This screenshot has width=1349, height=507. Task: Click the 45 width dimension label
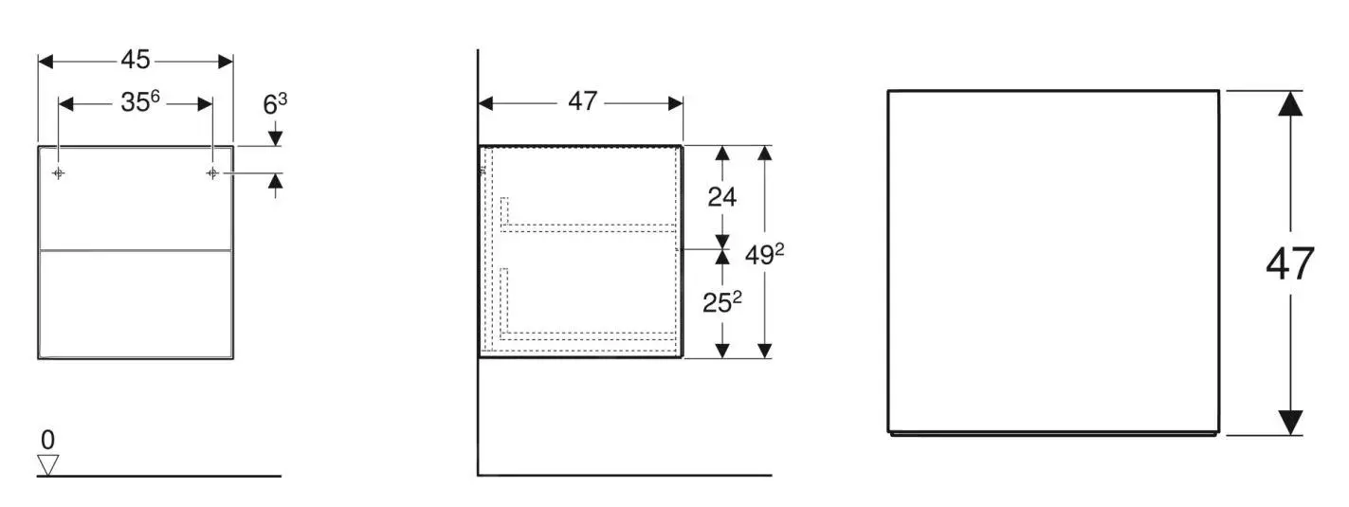(x=136, y=60)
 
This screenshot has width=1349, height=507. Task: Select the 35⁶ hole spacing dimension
(x=139, y=101)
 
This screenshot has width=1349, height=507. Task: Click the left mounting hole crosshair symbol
(x=59, y=173)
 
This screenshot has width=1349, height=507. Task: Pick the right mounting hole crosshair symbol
(x=212, y=173)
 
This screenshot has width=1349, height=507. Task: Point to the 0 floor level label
(x=47, y=440)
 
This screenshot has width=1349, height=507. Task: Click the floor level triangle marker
(x=47, y=464)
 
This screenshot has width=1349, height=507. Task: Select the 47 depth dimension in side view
(x=583, y=101)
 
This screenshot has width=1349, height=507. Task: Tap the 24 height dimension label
(x=722, y=196)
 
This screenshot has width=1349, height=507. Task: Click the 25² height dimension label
(x=723, y=303)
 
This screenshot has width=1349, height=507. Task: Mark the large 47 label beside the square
(x=1290, y=264)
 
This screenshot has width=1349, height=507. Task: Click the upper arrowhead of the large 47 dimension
(x=1290, y=103)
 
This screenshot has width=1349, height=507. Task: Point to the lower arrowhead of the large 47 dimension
(x=1290, y=423)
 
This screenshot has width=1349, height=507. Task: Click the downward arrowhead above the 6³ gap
(x=275, y=138)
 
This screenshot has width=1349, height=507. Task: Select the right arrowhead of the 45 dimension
(x=226, y=62)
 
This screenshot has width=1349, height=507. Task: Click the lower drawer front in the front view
(x=136, y=304)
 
